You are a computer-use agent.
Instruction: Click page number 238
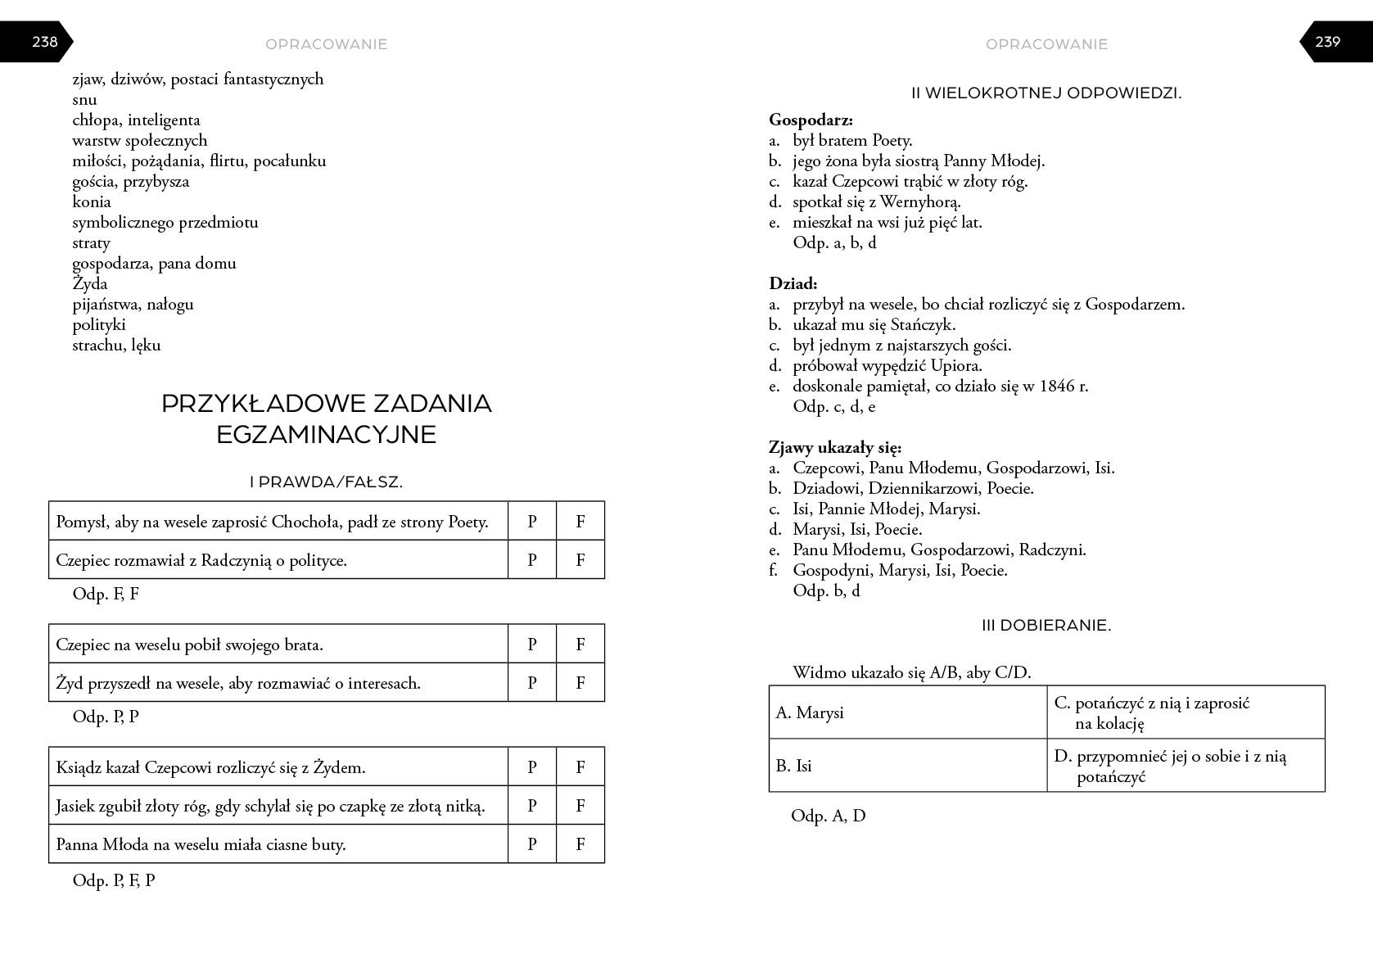(x=44, y=42)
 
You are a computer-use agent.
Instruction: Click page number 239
(x=1327, y=42)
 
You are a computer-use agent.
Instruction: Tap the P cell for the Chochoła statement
(x=532, y=522)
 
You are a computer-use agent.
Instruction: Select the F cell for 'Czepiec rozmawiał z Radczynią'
(x=580, y=560)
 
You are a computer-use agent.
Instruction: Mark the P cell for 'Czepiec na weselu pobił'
(x=532, y=645)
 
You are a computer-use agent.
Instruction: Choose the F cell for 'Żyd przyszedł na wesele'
(x=580, y=683)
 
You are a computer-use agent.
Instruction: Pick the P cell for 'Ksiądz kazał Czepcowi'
(x=532, y=767)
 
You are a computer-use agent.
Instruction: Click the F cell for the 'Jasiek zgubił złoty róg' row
(x=580, y=806)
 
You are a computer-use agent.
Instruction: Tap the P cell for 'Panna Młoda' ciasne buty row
(x=532, y=844)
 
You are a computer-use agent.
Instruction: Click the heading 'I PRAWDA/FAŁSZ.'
(x=326, y=482)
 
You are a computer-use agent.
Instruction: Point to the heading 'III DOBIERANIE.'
(x=1046, y=626)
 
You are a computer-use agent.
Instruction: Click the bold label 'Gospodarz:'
(x=811, y=120)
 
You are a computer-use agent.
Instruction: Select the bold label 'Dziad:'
(x=793, y=284)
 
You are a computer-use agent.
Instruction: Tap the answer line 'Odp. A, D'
(x=828, y=816)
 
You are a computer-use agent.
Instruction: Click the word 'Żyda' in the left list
(x=90, y=284)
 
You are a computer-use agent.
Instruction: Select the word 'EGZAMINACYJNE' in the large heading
(x=326, y=435)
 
